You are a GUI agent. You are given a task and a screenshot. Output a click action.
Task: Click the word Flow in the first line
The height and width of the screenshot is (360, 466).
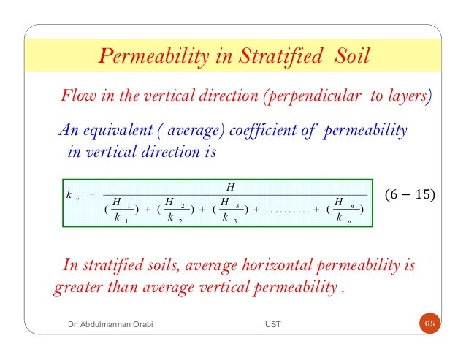74,96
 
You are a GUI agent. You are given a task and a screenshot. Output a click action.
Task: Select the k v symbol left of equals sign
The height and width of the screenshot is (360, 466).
69,195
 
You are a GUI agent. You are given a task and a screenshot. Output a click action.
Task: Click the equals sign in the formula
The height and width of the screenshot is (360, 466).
92,195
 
